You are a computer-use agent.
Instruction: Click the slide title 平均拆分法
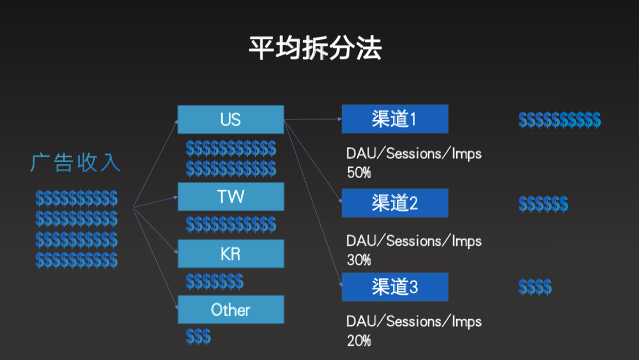(315, 48)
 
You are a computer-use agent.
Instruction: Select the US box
(230, 120)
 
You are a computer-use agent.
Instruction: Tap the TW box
(230, 197)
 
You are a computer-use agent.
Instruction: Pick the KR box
(230, 253)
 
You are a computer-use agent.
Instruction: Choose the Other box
(230, 310)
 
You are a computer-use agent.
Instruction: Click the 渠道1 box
(395, 119)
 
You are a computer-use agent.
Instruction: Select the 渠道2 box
(395, 203)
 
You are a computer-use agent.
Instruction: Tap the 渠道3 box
(395, 287)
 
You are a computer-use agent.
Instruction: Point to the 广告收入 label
(75, 163)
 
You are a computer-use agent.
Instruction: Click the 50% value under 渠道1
(359, 173)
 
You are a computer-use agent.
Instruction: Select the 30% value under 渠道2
(359, 259)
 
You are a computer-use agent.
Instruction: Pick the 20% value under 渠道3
(359, 340)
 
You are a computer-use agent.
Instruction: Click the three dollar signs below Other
(198, 337)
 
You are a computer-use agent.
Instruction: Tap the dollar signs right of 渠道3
(535, 287)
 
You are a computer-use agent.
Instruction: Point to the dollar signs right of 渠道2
(543, 204)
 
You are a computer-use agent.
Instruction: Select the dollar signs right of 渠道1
(559, 120)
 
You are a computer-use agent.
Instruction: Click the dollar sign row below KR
(214, 281)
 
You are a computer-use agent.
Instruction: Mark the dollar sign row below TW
(230, 224)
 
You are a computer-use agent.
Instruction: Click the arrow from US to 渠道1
(313, 120)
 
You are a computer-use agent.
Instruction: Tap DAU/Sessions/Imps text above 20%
(414, 322)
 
